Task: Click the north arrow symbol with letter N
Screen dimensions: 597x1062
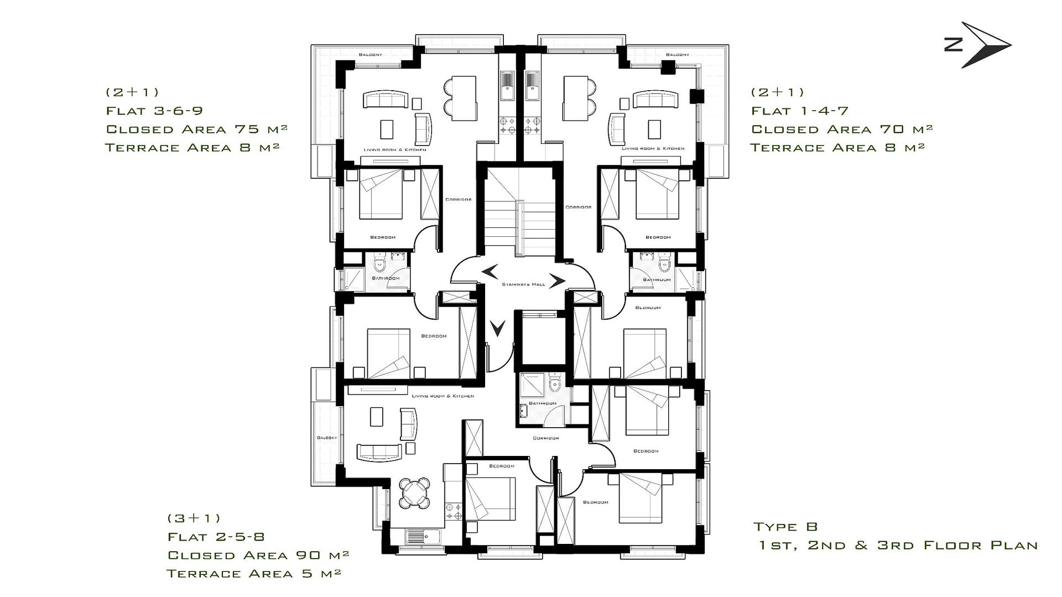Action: (977, 45)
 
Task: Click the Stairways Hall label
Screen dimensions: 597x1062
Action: (523, 284)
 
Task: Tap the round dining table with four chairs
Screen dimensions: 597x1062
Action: (415, 492)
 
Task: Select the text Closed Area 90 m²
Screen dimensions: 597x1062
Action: (258, 555)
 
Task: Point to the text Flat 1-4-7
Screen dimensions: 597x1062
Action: (800, 111)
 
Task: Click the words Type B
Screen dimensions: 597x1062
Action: (785, 527)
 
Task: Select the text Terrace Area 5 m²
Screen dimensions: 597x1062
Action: (254, 573)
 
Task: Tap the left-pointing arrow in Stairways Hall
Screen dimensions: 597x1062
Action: (490, 271)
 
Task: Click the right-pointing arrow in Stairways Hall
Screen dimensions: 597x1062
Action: (557, 281)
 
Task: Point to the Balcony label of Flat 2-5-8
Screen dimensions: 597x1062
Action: (327, 438)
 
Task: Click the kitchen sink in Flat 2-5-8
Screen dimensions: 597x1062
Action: (423, 536)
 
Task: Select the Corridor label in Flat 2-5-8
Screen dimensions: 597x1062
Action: (545, 438)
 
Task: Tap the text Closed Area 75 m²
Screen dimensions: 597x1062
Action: (196, 129)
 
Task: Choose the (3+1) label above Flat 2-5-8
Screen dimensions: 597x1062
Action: (194, 518)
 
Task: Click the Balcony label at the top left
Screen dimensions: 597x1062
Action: (370, 54)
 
